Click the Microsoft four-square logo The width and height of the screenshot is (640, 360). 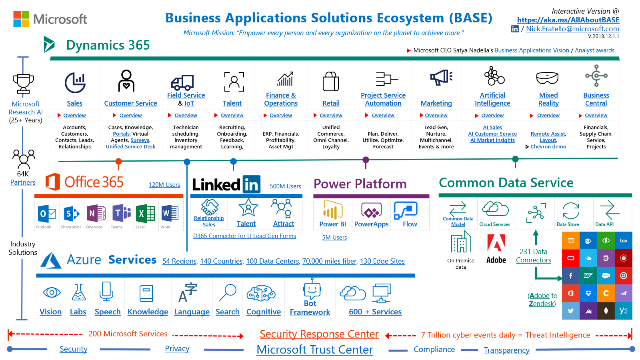pos(21,19)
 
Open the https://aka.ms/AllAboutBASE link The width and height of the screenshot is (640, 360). pos(568,20)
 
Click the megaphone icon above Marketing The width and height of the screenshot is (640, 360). pos(441,77)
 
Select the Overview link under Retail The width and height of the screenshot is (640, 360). pos(331,116)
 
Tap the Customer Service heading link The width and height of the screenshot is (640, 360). pos(130,103)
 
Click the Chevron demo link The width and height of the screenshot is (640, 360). pos(548,147)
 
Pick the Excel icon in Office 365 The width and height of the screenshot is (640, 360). pos(145,214)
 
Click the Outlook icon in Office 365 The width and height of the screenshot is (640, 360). pos(47,214)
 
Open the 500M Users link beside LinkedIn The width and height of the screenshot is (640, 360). pos(285,186)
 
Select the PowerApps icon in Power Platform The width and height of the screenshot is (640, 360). pos(372,210)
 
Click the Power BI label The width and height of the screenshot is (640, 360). pos(332,224)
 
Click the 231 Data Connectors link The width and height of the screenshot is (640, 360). pos(533,256)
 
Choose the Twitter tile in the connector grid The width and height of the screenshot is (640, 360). pos(571,311)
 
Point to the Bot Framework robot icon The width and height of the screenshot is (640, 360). pos(312,289)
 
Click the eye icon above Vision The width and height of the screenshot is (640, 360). pos(51,292)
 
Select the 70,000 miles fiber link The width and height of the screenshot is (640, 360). pos(329,261)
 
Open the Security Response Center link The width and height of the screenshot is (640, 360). pos(319,334)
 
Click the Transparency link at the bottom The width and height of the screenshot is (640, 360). pos(506,350)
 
